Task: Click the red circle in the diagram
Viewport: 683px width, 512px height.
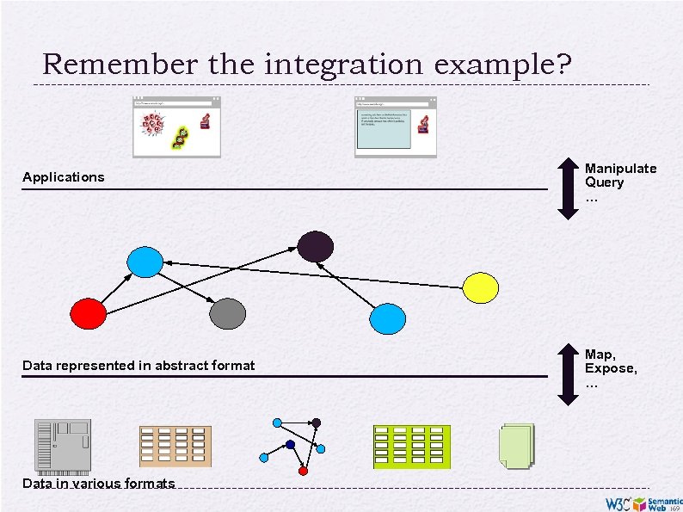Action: (x=88, y=313)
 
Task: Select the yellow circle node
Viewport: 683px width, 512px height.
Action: (x=481, y=287)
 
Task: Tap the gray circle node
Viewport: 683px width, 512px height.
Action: (x=227, y=313)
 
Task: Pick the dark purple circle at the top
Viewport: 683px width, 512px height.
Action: (x=316, y=247)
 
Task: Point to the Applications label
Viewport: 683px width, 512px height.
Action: (x=64, y=177)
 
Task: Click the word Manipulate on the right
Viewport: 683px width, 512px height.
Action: (x=620, y=169)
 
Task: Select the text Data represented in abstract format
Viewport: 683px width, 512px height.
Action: (x=138, y=366)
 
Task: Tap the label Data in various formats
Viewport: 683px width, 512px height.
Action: (x=98, y=484)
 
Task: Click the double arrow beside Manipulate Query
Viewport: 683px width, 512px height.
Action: (x=567, y=187)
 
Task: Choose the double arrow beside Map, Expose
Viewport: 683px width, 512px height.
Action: (x=567, y=373)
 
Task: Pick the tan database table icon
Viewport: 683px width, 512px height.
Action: (x=175, y=446)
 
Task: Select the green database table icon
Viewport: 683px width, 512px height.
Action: (x=412, y=446)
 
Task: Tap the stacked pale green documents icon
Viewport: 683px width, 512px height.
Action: (x=516, y=447)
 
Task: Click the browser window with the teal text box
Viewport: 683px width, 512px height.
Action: (x=395, y=126)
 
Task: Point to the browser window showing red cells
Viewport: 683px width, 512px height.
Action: (x=176, y=126)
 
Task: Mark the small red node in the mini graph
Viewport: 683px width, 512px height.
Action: (x=303, y=471)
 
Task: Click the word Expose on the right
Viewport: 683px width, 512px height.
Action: (x=611, y=368)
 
